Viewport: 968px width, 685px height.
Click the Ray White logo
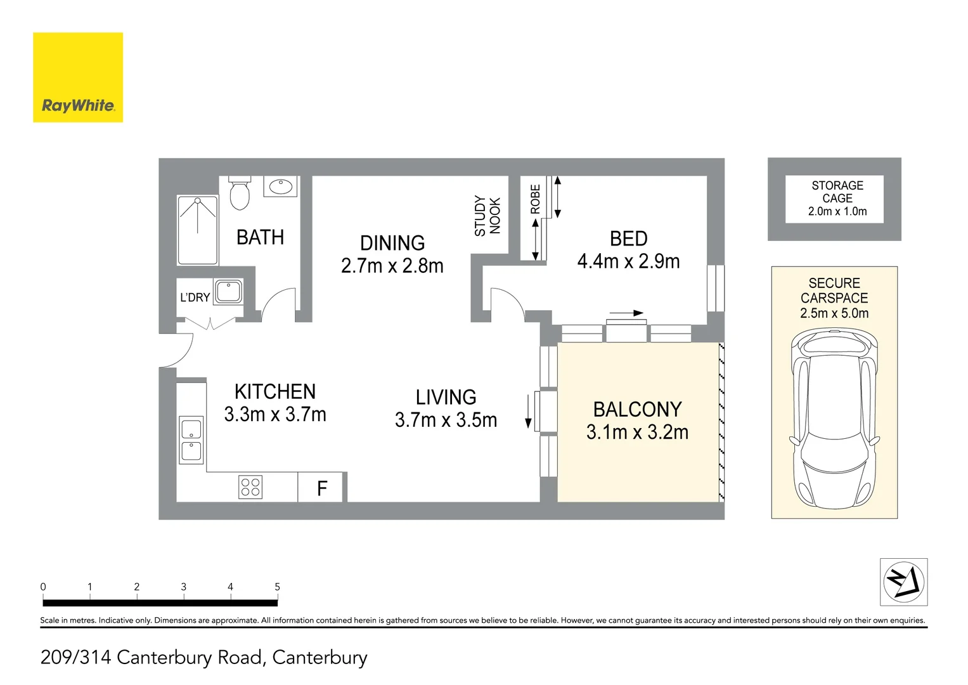[78, 77]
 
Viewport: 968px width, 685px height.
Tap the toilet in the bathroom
[240, 193]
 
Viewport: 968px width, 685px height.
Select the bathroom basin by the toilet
[280, 186]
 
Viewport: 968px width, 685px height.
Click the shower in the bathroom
[198, 230]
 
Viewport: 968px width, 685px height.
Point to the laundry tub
[228, 291]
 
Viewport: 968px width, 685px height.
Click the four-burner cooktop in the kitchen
[250, 487]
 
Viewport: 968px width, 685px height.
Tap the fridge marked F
[321, 487]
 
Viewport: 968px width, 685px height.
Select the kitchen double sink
[191, 440]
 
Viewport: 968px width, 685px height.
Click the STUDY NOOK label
[487, 216]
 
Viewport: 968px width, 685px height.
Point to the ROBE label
[535, 199]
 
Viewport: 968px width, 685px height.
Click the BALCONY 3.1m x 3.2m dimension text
[638, 431]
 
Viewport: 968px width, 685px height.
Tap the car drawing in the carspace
[834, 418]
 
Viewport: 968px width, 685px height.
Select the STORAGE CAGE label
[837, 192]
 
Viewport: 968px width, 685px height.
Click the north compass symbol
[903, 582]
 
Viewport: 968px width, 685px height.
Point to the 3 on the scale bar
[184, 587]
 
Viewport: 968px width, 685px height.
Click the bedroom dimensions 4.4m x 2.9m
[629, 261]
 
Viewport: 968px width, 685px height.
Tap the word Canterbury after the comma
[319, 657]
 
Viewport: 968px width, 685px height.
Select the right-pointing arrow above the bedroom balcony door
[626, 313]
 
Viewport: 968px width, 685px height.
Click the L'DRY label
[195, 297]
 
